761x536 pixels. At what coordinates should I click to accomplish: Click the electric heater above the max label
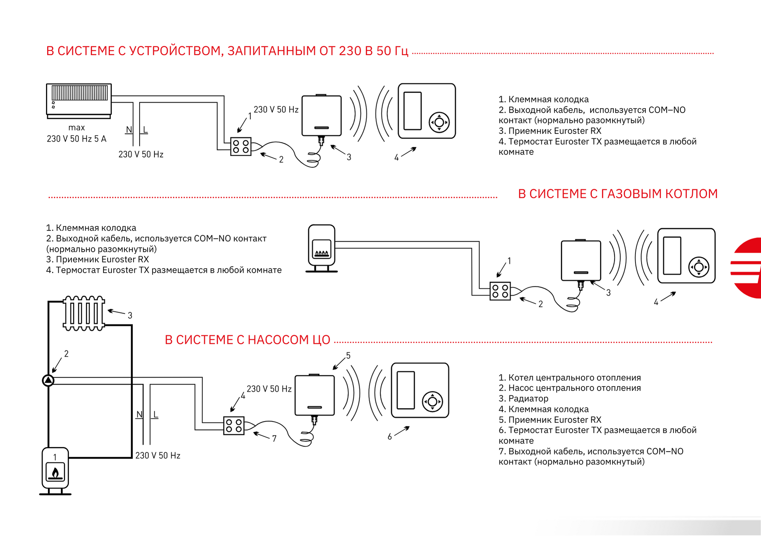(x=79, y=101)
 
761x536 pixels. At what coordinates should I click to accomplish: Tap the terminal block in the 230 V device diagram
(x=241, y=146)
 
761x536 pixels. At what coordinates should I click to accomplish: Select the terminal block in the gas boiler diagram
(x=500, y=291)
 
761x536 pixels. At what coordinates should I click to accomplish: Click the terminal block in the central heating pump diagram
(x=234, y=426)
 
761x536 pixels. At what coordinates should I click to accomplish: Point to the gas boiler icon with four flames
(x=322, y=248)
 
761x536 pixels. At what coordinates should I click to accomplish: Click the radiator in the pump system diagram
(x=84, y=313)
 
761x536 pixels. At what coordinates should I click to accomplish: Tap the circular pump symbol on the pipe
(x=48, y=380)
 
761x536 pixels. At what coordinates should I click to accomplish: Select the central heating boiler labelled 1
(x=55, y=471)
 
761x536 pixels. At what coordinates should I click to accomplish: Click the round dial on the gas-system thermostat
(x=699, y=267)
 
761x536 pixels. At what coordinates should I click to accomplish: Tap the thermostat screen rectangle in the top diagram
(x=412, y=111)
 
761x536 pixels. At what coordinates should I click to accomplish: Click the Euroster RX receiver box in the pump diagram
(x=315, y=395)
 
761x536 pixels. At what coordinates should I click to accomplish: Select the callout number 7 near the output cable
(x=274, y=439)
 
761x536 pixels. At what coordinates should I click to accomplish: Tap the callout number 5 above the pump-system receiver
(x=348, y=355)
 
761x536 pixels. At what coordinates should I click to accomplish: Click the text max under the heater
(x=76, y=128)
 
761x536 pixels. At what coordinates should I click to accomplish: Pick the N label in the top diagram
(x=129, y=130)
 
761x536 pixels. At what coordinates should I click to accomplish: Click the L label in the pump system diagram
(x=156, y=414)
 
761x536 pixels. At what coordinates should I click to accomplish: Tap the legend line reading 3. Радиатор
(x=524, y=399)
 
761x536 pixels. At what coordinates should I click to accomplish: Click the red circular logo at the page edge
(x=747, y=268)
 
